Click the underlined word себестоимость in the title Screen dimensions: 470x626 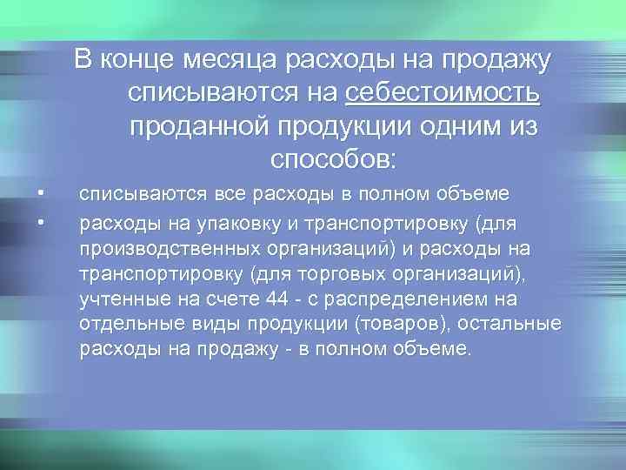pyautogui.click(x=443, y=93)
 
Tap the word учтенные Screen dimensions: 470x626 pyautogui.click(x=121, y=300)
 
